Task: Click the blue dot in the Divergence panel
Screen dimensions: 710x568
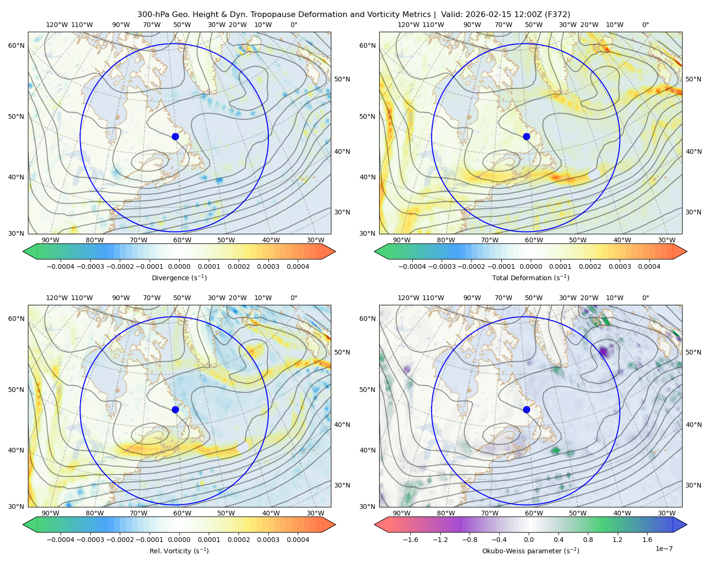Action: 175,136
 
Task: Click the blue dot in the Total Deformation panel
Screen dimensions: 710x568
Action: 526,136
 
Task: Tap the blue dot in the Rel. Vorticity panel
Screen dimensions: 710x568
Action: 175,409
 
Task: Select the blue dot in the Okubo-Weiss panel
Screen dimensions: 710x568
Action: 526,409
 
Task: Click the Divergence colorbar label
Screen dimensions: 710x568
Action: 179,277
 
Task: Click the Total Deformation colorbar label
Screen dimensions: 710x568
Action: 531,277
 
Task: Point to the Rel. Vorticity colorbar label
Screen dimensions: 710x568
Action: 179,551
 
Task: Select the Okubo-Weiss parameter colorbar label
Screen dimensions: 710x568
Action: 531,551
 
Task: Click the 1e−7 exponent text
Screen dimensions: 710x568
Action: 664,549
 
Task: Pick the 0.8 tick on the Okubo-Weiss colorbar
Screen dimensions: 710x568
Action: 588,540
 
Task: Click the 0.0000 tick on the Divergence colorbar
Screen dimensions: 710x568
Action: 179,266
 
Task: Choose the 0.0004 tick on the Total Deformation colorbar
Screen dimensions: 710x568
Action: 649,266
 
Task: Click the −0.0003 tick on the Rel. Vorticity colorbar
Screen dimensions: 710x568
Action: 90,540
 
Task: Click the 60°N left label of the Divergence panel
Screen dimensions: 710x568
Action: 16,45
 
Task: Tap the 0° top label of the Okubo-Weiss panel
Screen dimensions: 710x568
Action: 645,298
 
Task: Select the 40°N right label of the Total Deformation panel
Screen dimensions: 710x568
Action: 693,151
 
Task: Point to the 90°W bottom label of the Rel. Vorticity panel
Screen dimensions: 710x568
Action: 51,513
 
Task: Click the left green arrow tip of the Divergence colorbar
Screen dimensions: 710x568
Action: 23,251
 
